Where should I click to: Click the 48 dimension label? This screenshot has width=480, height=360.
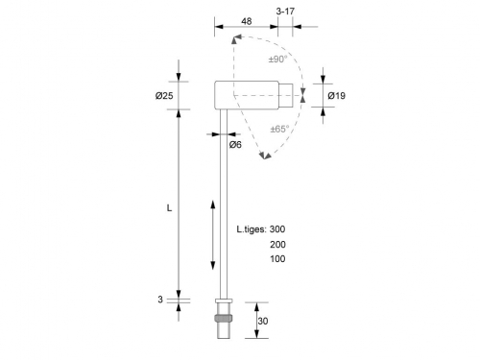[247, 21]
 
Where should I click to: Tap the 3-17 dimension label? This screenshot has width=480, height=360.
[285, 12]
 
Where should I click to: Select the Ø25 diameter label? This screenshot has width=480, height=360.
[164, 96]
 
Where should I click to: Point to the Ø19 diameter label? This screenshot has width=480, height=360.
[337, 96]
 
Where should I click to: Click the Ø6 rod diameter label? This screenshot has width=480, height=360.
[235, 145]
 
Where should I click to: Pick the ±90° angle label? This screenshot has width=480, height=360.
[277, 60]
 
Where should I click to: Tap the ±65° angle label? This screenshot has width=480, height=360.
[279, 129]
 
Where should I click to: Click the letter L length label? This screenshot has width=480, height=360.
[169, 208]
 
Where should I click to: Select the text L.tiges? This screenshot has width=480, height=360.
[252, 229]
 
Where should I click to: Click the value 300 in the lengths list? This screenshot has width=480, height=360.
[277, 229]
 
